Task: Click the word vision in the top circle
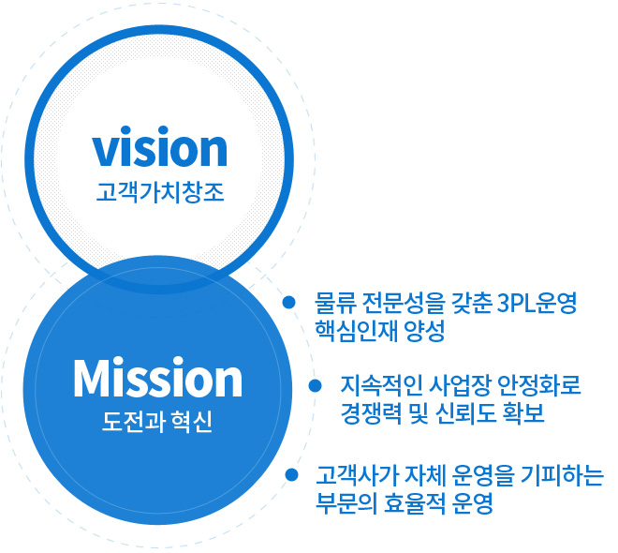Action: click(x=159, y=147)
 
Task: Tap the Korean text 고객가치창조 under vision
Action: click(x=160, y=192)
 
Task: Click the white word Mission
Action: click(x=157, y=377)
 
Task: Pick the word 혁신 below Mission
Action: click(x=192, y=422)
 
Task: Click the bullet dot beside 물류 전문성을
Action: click(x=289, y=302)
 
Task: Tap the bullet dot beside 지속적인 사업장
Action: click(x=315, y=385)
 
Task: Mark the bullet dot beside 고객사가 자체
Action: click(x=291, y=474)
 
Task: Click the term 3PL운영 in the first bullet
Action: click(x=537, y=303)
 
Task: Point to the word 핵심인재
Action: click(x=356, y=331)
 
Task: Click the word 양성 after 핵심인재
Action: click(x=425, y=331)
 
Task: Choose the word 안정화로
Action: click(x=539, y=385)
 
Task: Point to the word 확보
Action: click(x=523, y=413)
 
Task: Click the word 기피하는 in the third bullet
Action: click(x=562, y=475)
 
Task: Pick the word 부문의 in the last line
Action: click(x=346, y=503)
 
